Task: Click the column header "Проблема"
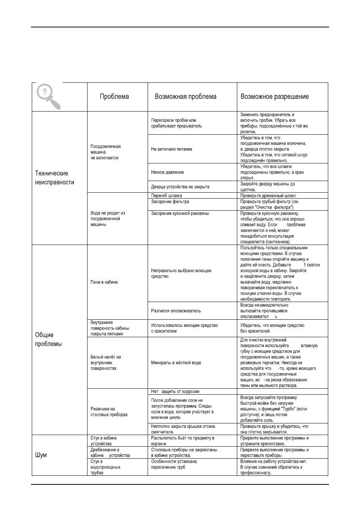(114, 97)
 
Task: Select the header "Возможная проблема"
(185, 97)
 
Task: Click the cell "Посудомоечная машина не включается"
(106, 152)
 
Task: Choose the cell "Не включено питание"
(172, 148)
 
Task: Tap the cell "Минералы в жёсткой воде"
(176, 363)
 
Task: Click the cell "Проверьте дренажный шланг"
(272, 195)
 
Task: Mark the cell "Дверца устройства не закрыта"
(180, 187)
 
